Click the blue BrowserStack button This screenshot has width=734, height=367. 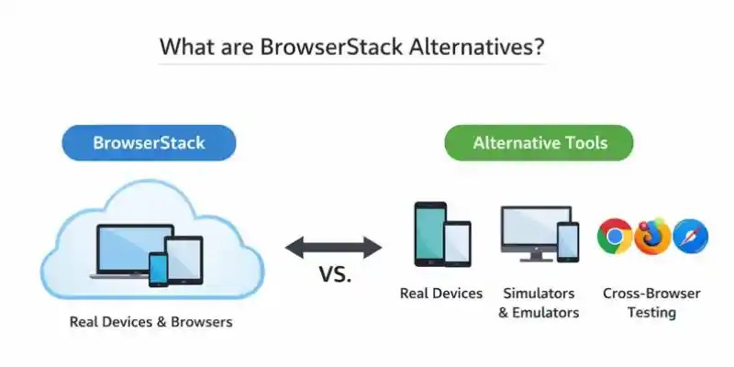pyautogui.click(x=149, y=143)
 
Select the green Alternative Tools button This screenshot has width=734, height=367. pyautogui.click(x=539, y=143)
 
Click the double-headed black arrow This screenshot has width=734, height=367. pyautogui.click(x=333, y=246)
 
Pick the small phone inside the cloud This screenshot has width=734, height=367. pyautogui.click(x=158, y=269)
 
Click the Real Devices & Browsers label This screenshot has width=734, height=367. pyautogui.click(x=151, y=322)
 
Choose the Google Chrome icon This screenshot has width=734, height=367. pyautogui.click(x=614, y=236)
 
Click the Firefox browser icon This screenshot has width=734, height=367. pyautogui.click(x=652, y=236)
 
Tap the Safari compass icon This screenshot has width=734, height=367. pyautogui.click(x=690, y=236)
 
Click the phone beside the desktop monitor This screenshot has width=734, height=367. pyautogui.click(x=569, y=241)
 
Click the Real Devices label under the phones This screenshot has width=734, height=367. pyautogui.click(x=440, y=294)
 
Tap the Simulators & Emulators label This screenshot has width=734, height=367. pyautogui.click(x=539, y=303)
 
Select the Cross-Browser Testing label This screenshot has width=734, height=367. pyautogui.click(x=651, y=303)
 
